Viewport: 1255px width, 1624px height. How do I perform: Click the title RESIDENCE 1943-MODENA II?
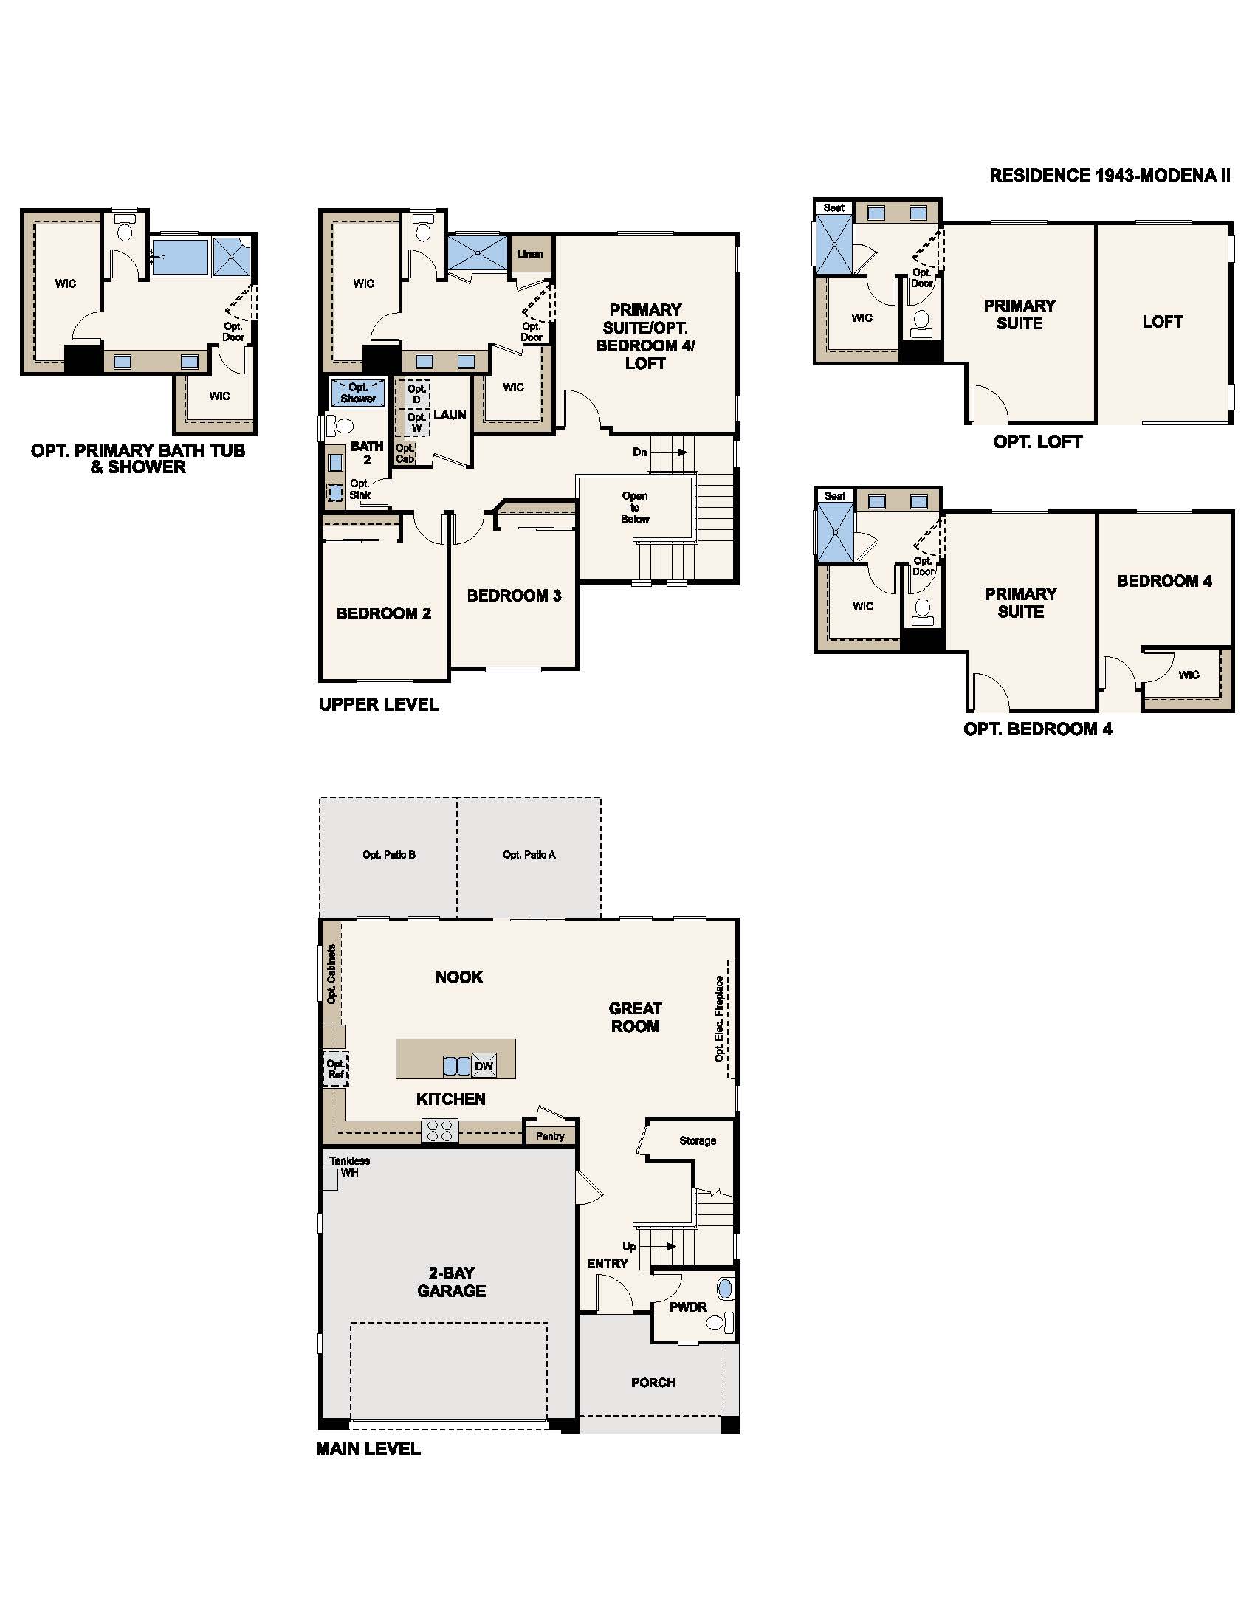point(1110,176)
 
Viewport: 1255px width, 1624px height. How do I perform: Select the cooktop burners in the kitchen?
point(440,1131)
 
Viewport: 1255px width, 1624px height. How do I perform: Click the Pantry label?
point(550,1136)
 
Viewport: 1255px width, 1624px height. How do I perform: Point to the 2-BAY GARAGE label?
point(451,1282)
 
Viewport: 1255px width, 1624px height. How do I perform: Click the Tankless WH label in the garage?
point(348,1166)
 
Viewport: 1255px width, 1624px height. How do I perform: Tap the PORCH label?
point(653,1383)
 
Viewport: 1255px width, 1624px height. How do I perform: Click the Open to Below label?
point(635,507)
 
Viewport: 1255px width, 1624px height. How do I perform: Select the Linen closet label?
point(530,253)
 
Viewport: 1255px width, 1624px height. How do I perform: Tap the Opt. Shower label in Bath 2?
point(357,393)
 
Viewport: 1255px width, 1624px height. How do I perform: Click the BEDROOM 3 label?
point(514,596)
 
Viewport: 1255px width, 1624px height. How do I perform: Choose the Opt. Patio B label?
point(389,854)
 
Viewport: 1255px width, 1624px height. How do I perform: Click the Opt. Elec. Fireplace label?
point(719,1019)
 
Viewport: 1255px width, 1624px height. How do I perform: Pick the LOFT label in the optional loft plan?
point(1162,322)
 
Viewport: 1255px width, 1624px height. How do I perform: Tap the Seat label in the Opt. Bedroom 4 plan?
point(834,496)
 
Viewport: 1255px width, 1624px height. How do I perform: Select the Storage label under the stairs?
point(698,1140)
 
